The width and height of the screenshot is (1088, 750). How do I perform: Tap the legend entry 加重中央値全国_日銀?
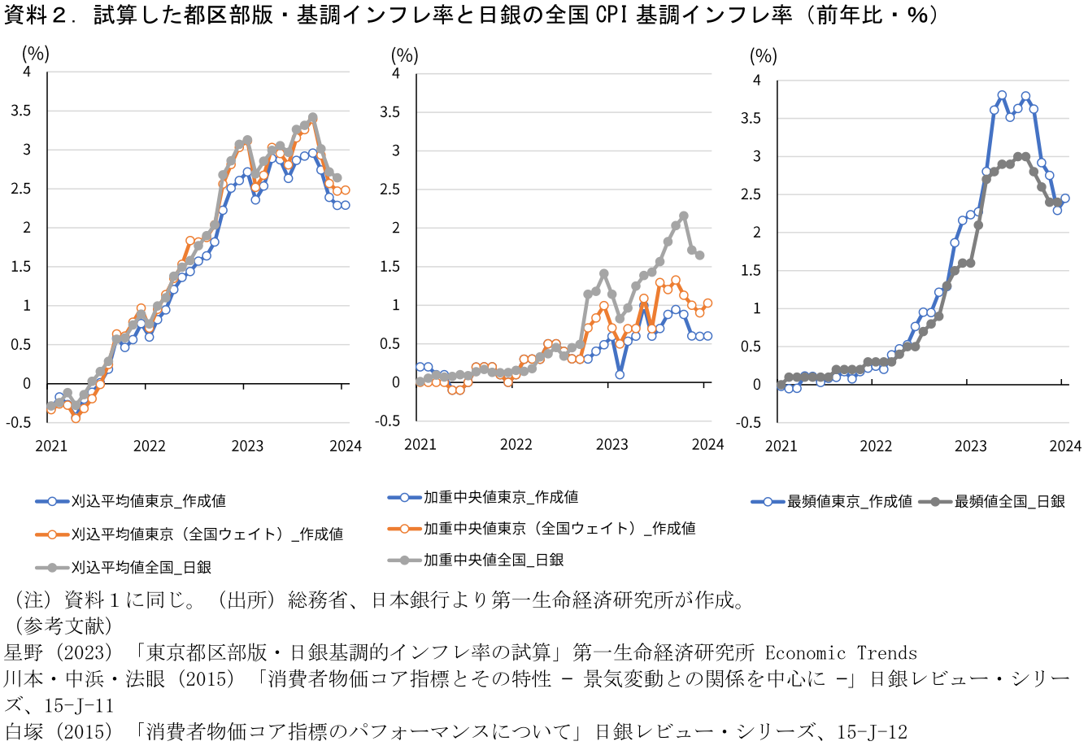coord(493,560)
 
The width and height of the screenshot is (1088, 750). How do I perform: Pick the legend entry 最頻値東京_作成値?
coord(849,501)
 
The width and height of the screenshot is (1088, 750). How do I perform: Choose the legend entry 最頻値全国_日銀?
coord(1009,501)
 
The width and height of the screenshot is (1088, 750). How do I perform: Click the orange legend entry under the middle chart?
coord(559,528)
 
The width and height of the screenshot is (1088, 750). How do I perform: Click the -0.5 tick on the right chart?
coord(750,422)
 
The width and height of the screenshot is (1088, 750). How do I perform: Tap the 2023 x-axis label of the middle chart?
coord(611,444)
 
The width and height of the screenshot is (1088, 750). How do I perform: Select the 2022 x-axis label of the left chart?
coord(149,445)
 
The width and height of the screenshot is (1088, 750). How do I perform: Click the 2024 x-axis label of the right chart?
coord(1064,445)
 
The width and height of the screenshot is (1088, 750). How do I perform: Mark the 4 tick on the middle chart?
coord(396,73)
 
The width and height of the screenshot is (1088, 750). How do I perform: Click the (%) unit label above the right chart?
coord(763,56)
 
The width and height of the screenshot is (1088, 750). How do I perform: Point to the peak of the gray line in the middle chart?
coord(683,216)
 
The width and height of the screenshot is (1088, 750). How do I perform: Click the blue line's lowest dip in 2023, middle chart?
coord(620,374)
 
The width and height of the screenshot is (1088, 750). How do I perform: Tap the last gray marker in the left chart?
coord(337,177)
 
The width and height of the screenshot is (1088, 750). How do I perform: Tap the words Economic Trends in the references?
coord(841,653)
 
